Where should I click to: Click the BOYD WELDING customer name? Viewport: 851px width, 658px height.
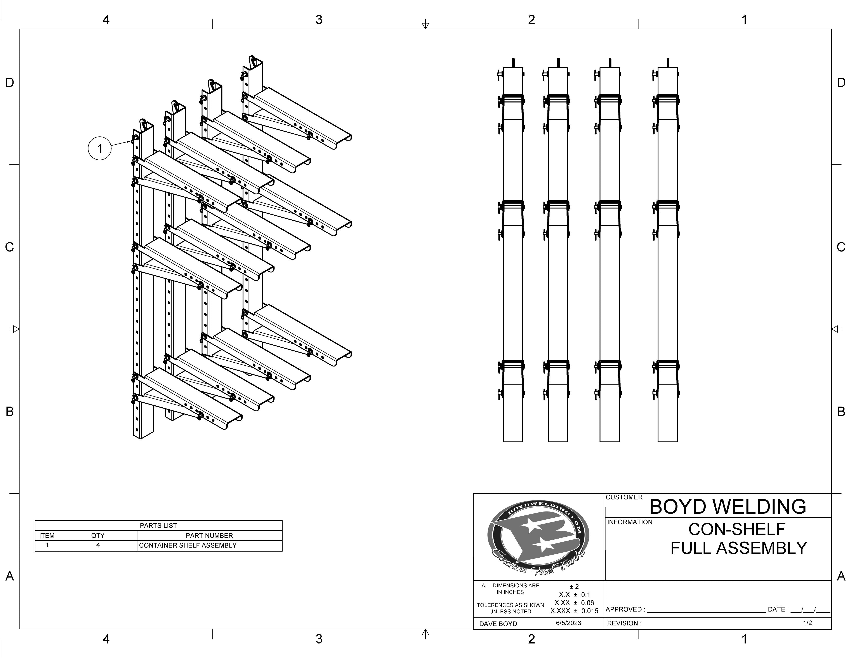[727, 507]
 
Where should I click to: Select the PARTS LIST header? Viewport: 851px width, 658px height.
[158, 525]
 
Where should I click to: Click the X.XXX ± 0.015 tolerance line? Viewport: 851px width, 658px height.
[574, 611]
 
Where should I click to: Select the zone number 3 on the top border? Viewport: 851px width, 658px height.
[319, 19]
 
